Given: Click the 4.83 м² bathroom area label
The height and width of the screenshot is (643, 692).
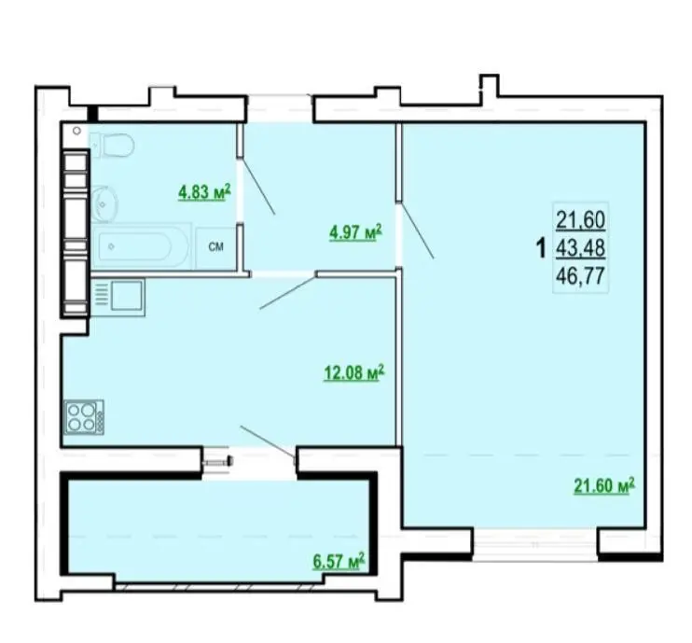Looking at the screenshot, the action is pyautogui.click(x=204, y=192).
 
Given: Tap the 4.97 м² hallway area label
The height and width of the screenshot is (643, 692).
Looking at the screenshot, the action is pyautogui.click(x=355, y=232).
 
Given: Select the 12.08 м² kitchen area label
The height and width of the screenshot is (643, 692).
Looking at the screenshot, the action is pyautogui.click(x=354, y=372).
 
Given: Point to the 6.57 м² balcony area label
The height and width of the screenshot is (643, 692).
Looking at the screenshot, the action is pyautogui.click(x=339, y=561).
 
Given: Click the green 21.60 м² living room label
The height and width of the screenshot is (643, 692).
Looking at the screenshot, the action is pyautogui.click(x=604, y=485).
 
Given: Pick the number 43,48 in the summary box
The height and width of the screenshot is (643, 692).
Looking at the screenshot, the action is pyautogui.click(x=580, y=248).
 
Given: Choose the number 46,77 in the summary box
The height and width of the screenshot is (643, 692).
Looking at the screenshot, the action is pyautogui.click(x=580, y=276).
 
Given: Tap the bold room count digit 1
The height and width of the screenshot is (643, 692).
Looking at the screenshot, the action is pyautogui.click(x=541, y=248).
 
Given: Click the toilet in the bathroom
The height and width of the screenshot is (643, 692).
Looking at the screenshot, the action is pyautogui.click(x=113, y=145).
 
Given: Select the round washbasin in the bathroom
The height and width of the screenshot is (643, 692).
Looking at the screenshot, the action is pyautogui.click(x=104, y=203).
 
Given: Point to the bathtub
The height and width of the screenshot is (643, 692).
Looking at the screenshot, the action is pyautogui.click(x=141, y=246).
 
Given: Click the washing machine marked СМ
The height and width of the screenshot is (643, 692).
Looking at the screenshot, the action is pyautogui.click(x=215, y=247).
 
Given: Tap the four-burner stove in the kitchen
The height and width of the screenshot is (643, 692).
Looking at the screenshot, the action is pyautogui.click(x=84, y=417).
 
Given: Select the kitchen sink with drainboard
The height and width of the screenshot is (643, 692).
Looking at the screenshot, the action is pyautogui.click(x=118, y=297).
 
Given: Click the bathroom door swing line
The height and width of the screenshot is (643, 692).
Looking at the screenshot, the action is pyautogui.click(x=258, y=188).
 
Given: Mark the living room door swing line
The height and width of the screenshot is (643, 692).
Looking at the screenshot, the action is pyautogui.click(x=417, y=231).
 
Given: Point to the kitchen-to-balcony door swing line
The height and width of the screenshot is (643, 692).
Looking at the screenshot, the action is pyautogui.click(x=268, y=442).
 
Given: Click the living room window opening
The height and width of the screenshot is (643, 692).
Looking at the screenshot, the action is pyautogui.click(x=535, y=545).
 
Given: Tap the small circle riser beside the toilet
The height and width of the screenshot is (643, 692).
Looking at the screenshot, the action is pyautogui.click(x=76, y=131).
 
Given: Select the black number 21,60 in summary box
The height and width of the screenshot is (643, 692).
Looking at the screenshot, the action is pyautogui.click(x=580, y=220).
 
